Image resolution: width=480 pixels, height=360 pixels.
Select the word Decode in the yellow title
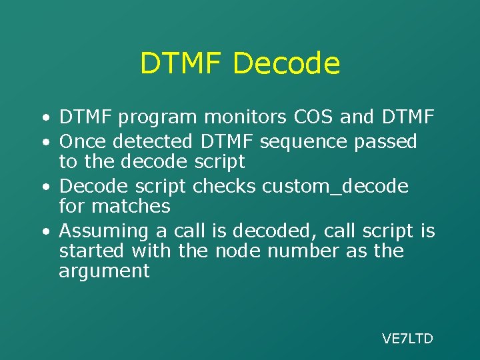(x=287, y=64)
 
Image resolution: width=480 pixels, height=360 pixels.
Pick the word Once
(x=83, y=141)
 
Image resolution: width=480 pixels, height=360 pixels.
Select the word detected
(x=153, y=141)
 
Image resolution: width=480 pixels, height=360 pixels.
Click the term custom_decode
(x=335, y=187)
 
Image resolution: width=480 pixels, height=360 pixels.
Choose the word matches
(x=131, y=206)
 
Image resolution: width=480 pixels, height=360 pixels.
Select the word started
(x=91, y=251)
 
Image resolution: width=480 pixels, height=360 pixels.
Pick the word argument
(x=104, y=272)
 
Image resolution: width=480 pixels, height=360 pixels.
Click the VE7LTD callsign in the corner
(x=407, y=339)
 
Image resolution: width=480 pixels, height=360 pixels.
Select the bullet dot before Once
(x=44, y=142)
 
